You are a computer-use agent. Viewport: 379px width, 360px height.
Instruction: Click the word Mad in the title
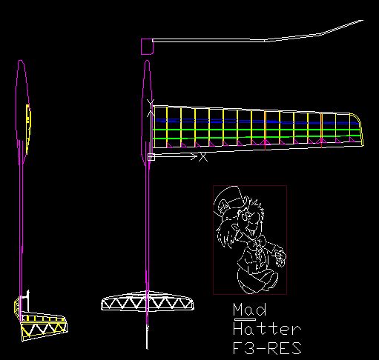coord(250,310)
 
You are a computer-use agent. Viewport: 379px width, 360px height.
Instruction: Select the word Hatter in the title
coord(267,329)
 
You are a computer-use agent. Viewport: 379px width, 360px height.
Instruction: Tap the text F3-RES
coord(267,348)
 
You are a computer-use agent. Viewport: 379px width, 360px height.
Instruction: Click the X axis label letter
coord(203,157)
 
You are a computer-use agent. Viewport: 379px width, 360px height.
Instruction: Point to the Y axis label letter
coord(151,104)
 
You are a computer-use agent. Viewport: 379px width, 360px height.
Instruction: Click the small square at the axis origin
coord(151,157)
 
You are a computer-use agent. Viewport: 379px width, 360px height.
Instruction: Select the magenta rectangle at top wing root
coord(147,47)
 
